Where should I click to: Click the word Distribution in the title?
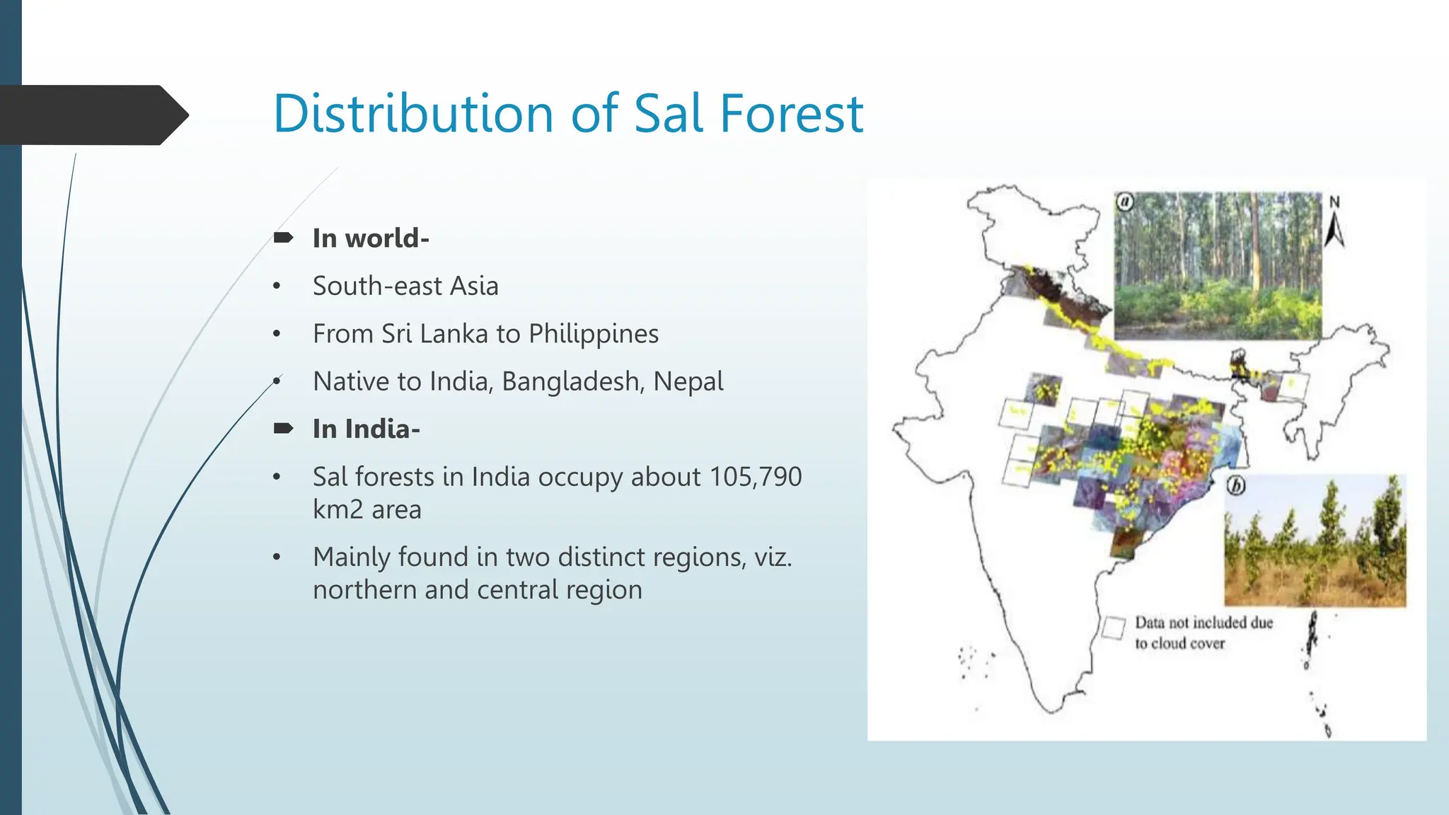point(412,113)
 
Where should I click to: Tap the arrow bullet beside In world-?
point(283,238)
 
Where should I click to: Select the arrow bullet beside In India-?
point(283,428)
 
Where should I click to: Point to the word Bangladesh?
point(571,381)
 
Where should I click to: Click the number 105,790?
point(755,477)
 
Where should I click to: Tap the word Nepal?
point(688,381)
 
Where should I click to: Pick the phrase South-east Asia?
point(405,286)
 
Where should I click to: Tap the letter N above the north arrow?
point(1334,202)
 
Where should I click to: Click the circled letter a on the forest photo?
point(1125,202)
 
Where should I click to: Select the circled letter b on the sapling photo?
point(1236,486)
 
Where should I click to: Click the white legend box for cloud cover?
point(1114,628)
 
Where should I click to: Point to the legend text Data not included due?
point(1203,623)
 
